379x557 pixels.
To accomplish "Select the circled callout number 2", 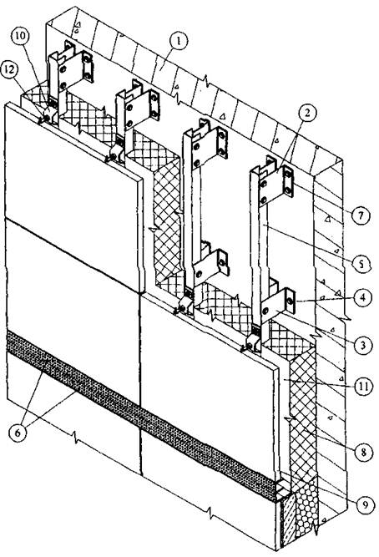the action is pos(307,114).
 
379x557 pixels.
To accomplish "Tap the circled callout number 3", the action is pos(362,345).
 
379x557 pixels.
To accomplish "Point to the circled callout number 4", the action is pos(362,296).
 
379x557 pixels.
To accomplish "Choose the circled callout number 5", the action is pos(360,264).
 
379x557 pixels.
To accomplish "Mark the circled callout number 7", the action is pos(360,215).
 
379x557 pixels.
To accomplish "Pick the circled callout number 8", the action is pos(362,452).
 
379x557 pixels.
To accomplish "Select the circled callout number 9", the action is pos(365,504).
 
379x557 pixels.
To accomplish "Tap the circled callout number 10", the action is pos(21,37).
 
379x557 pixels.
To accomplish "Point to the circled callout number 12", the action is pos(9,69).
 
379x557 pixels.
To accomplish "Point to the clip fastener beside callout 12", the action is pos(48,116).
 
